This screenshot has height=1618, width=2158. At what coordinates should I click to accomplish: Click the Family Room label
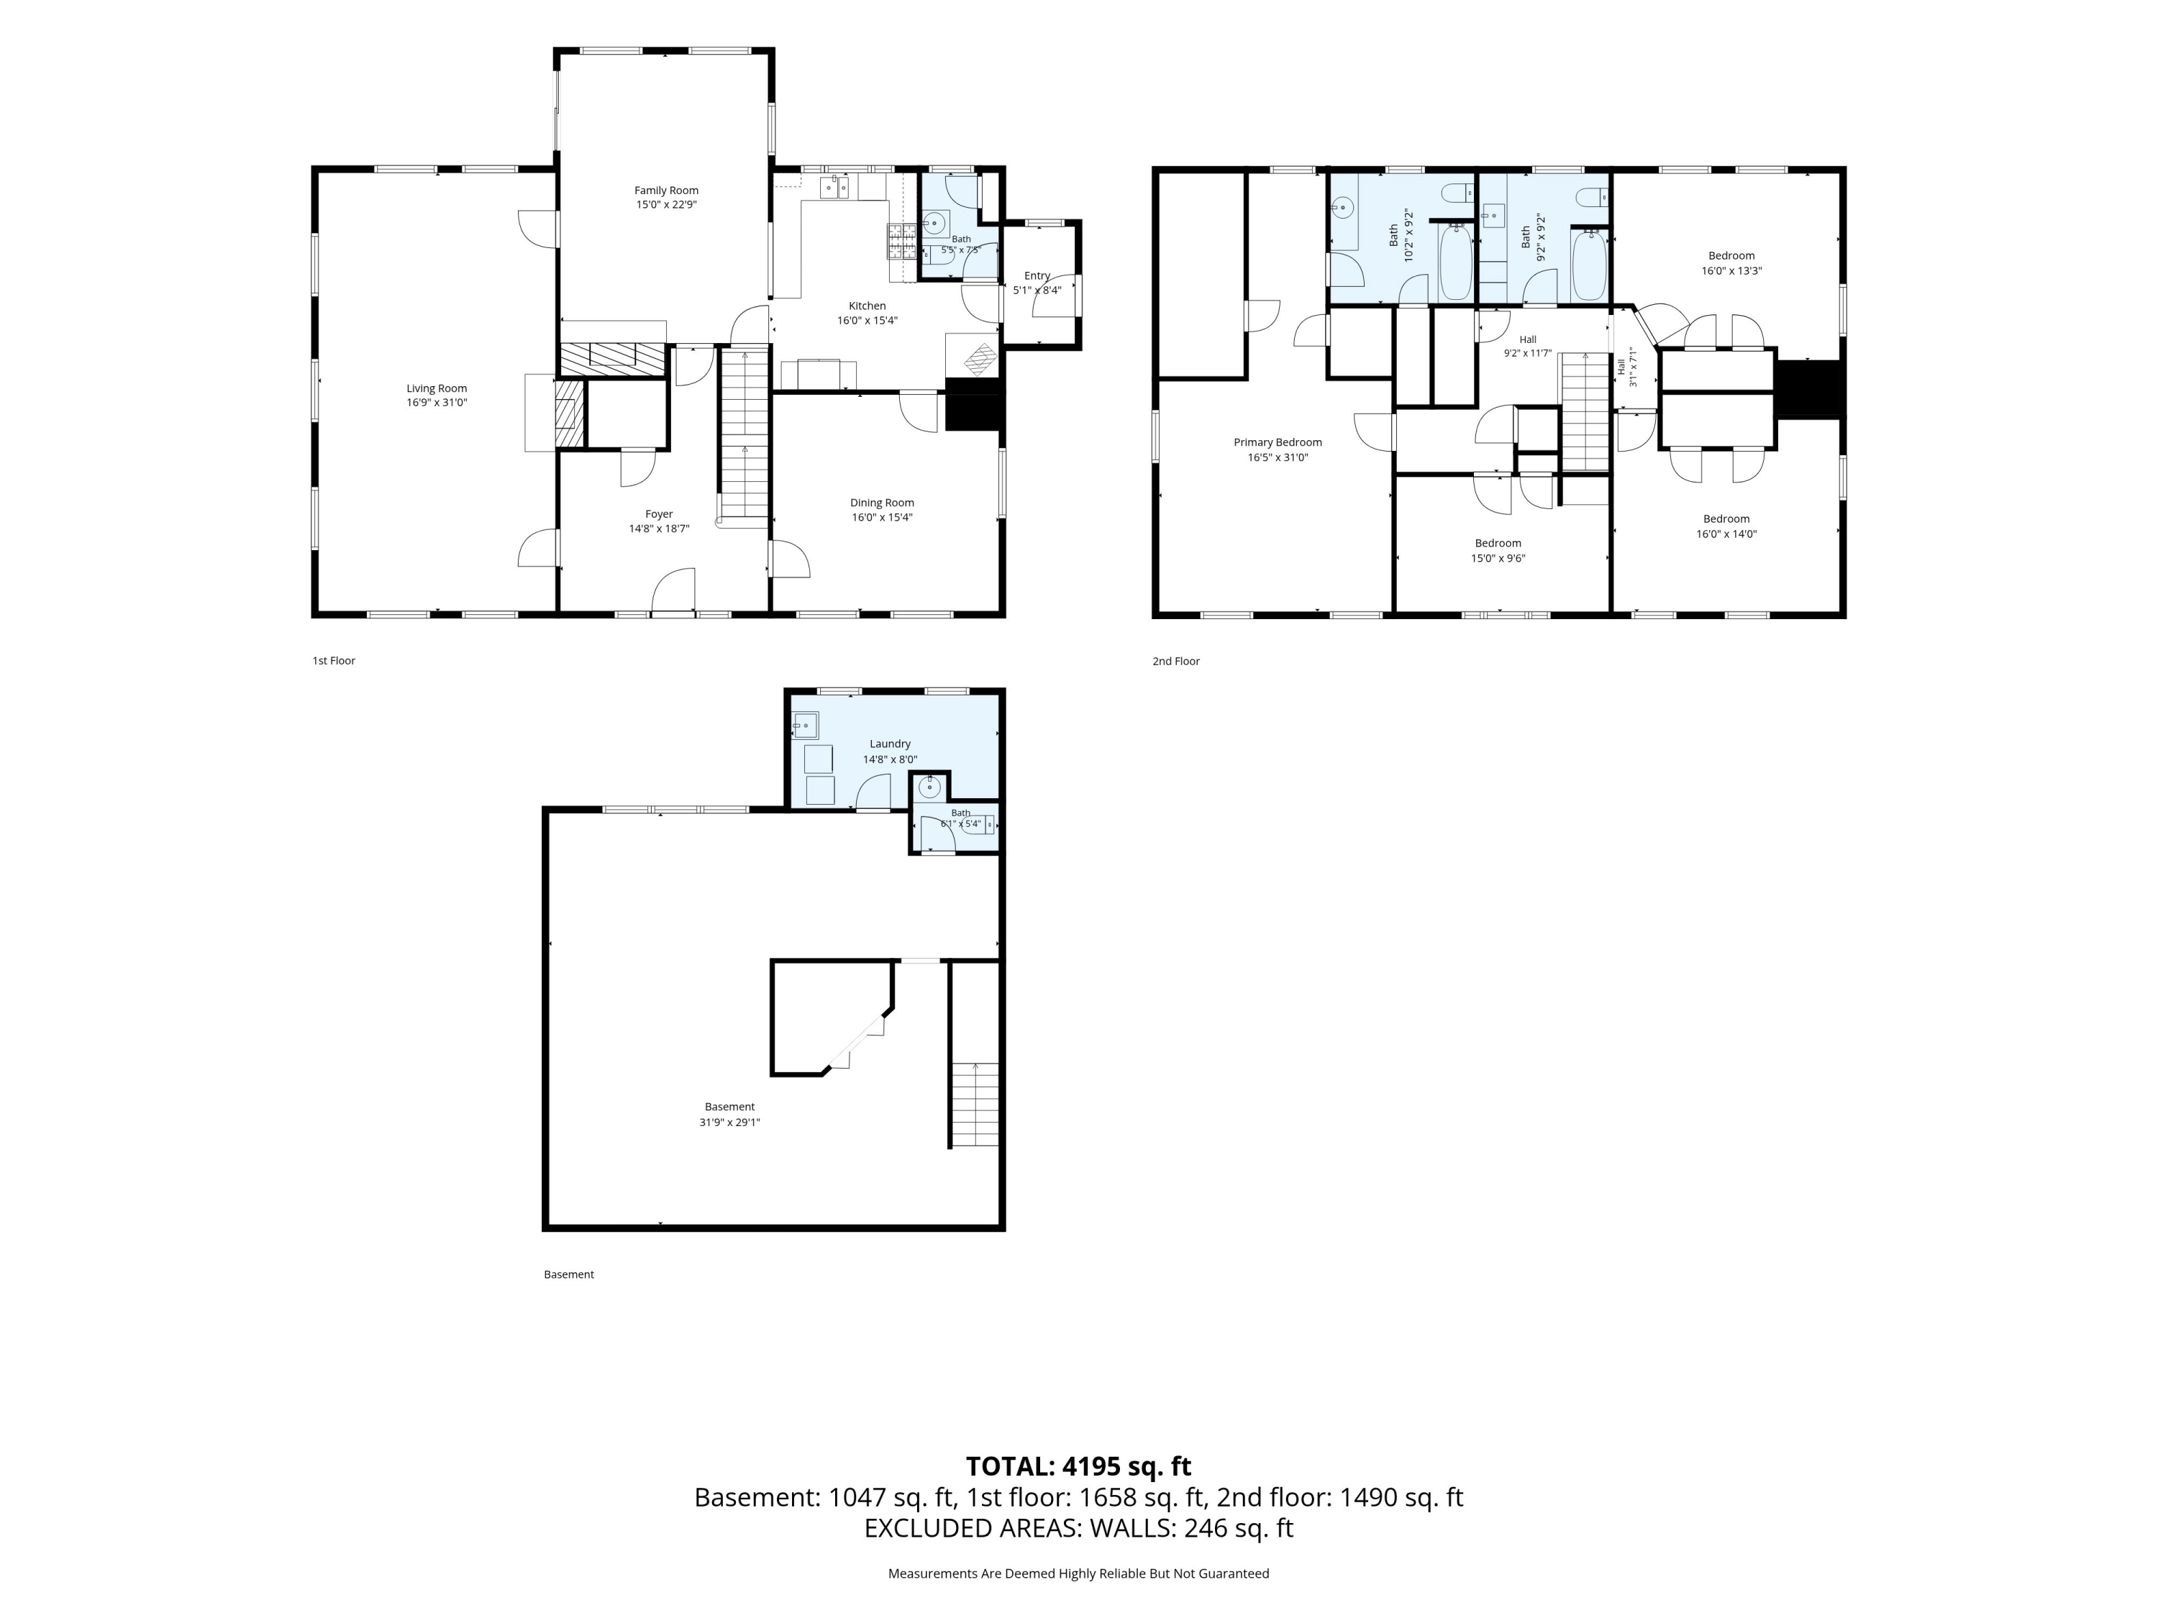(666, 190)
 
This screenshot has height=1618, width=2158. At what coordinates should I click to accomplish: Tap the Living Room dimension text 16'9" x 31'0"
(437, 403)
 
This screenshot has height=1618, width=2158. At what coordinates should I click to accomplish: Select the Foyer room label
(660, 514)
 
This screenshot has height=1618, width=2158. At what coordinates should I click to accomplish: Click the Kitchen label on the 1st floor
(868, 306)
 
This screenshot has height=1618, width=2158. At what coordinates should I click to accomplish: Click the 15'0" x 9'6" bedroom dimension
(1498, 559)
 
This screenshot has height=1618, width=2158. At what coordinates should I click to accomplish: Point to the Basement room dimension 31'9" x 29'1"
(729, 1123)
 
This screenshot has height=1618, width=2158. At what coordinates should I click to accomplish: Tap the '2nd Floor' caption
(1177, 662)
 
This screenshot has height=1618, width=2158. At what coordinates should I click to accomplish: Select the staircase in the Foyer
(745, 435)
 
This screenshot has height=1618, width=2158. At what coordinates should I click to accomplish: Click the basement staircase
(975, 1104)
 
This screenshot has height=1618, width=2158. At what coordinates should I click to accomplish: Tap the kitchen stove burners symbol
(901, 241)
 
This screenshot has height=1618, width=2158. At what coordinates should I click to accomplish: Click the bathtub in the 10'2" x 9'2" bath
(1456, 263)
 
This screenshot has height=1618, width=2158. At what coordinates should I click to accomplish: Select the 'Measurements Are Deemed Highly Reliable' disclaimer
(1079, 1573)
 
